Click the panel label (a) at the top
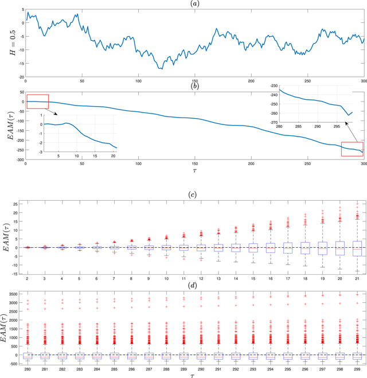coord(196,3)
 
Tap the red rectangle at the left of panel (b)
coord(37,102)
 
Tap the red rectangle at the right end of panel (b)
coord(352,149)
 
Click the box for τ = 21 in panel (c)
coord(357,248)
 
